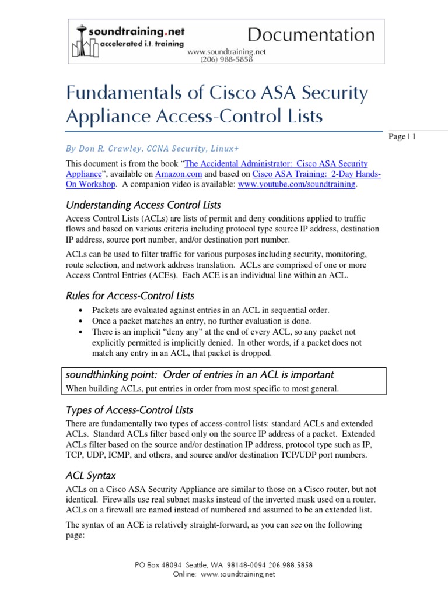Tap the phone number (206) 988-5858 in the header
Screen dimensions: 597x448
click(226, 59)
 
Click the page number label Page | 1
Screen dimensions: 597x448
click(401, 136)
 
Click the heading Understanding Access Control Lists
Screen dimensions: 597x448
click(143, 205)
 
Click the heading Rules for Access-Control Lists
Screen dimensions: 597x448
click(129, 295)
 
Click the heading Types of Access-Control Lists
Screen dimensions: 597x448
click(129, 409)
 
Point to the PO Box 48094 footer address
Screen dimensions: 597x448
click(223, 565)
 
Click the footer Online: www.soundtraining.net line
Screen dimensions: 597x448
click(224, 574)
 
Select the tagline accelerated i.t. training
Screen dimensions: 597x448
click(134, 44)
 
